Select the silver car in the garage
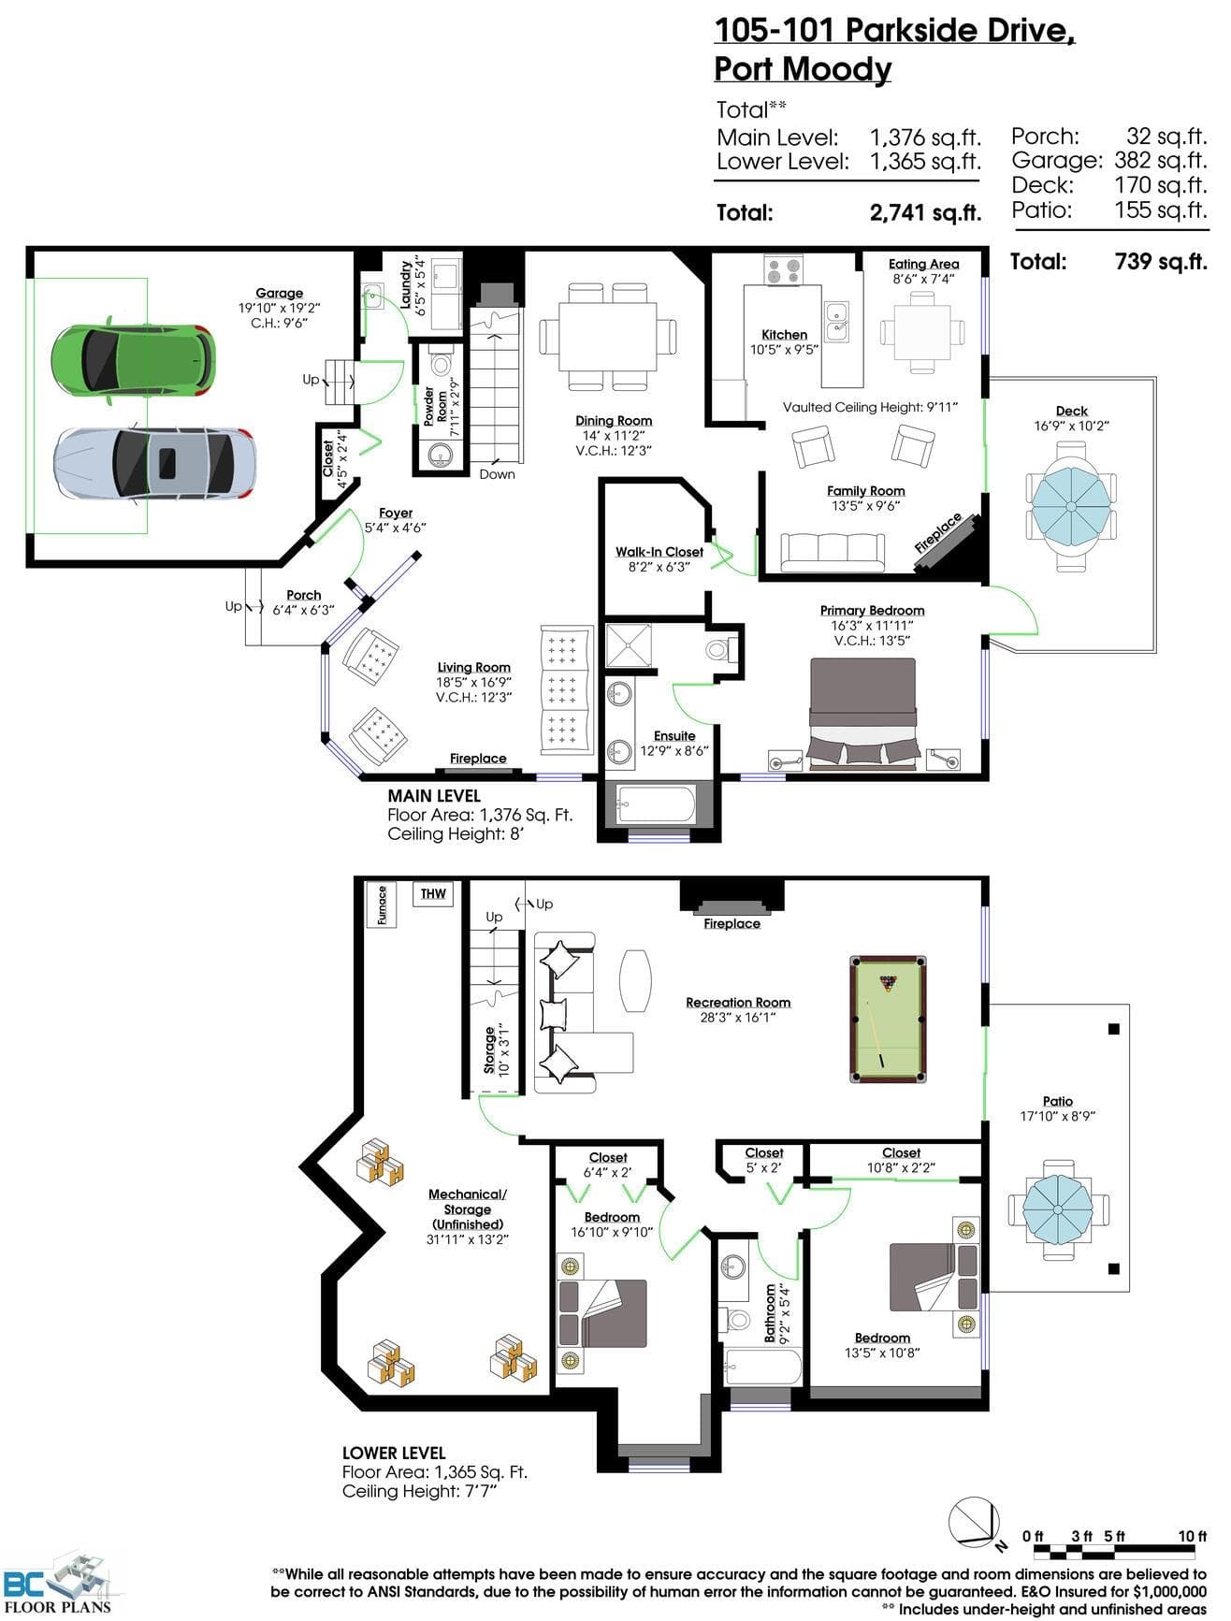[x=154, y=463]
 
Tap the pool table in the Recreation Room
[x=887, y=1018]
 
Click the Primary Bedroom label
[x=872, y=611]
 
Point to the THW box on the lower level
[x=433, y=893]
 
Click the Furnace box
[x=382, y=905]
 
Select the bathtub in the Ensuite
[x=656, y=803]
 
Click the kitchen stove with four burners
[x=784, y=270]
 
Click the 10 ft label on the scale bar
[x=1192, y=1536]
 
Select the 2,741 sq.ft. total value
[x=925, y=212]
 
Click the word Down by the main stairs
[x=497, y=474]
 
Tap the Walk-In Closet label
[x=659, y=552]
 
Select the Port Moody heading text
[x=803, y=69]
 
